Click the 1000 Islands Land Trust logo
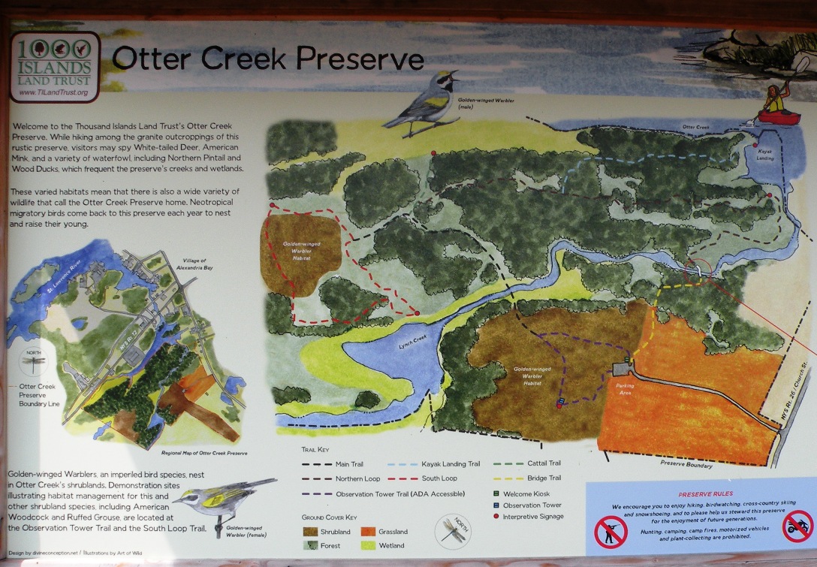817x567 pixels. point(54,66)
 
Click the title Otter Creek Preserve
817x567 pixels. point(267,59)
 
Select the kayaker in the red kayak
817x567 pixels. point(773,105)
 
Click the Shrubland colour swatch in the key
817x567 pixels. point(310,532)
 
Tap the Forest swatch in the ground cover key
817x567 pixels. point(310,545)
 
